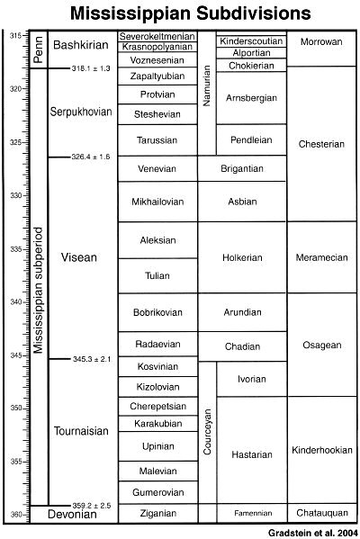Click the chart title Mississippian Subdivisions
(180, 13)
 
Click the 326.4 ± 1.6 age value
(91, 157)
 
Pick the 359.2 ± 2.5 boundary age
(91, 506)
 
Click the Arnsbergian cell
(251, 97)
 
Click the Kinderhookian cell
(323, 448)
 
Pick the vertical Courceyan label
(207, 432)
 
